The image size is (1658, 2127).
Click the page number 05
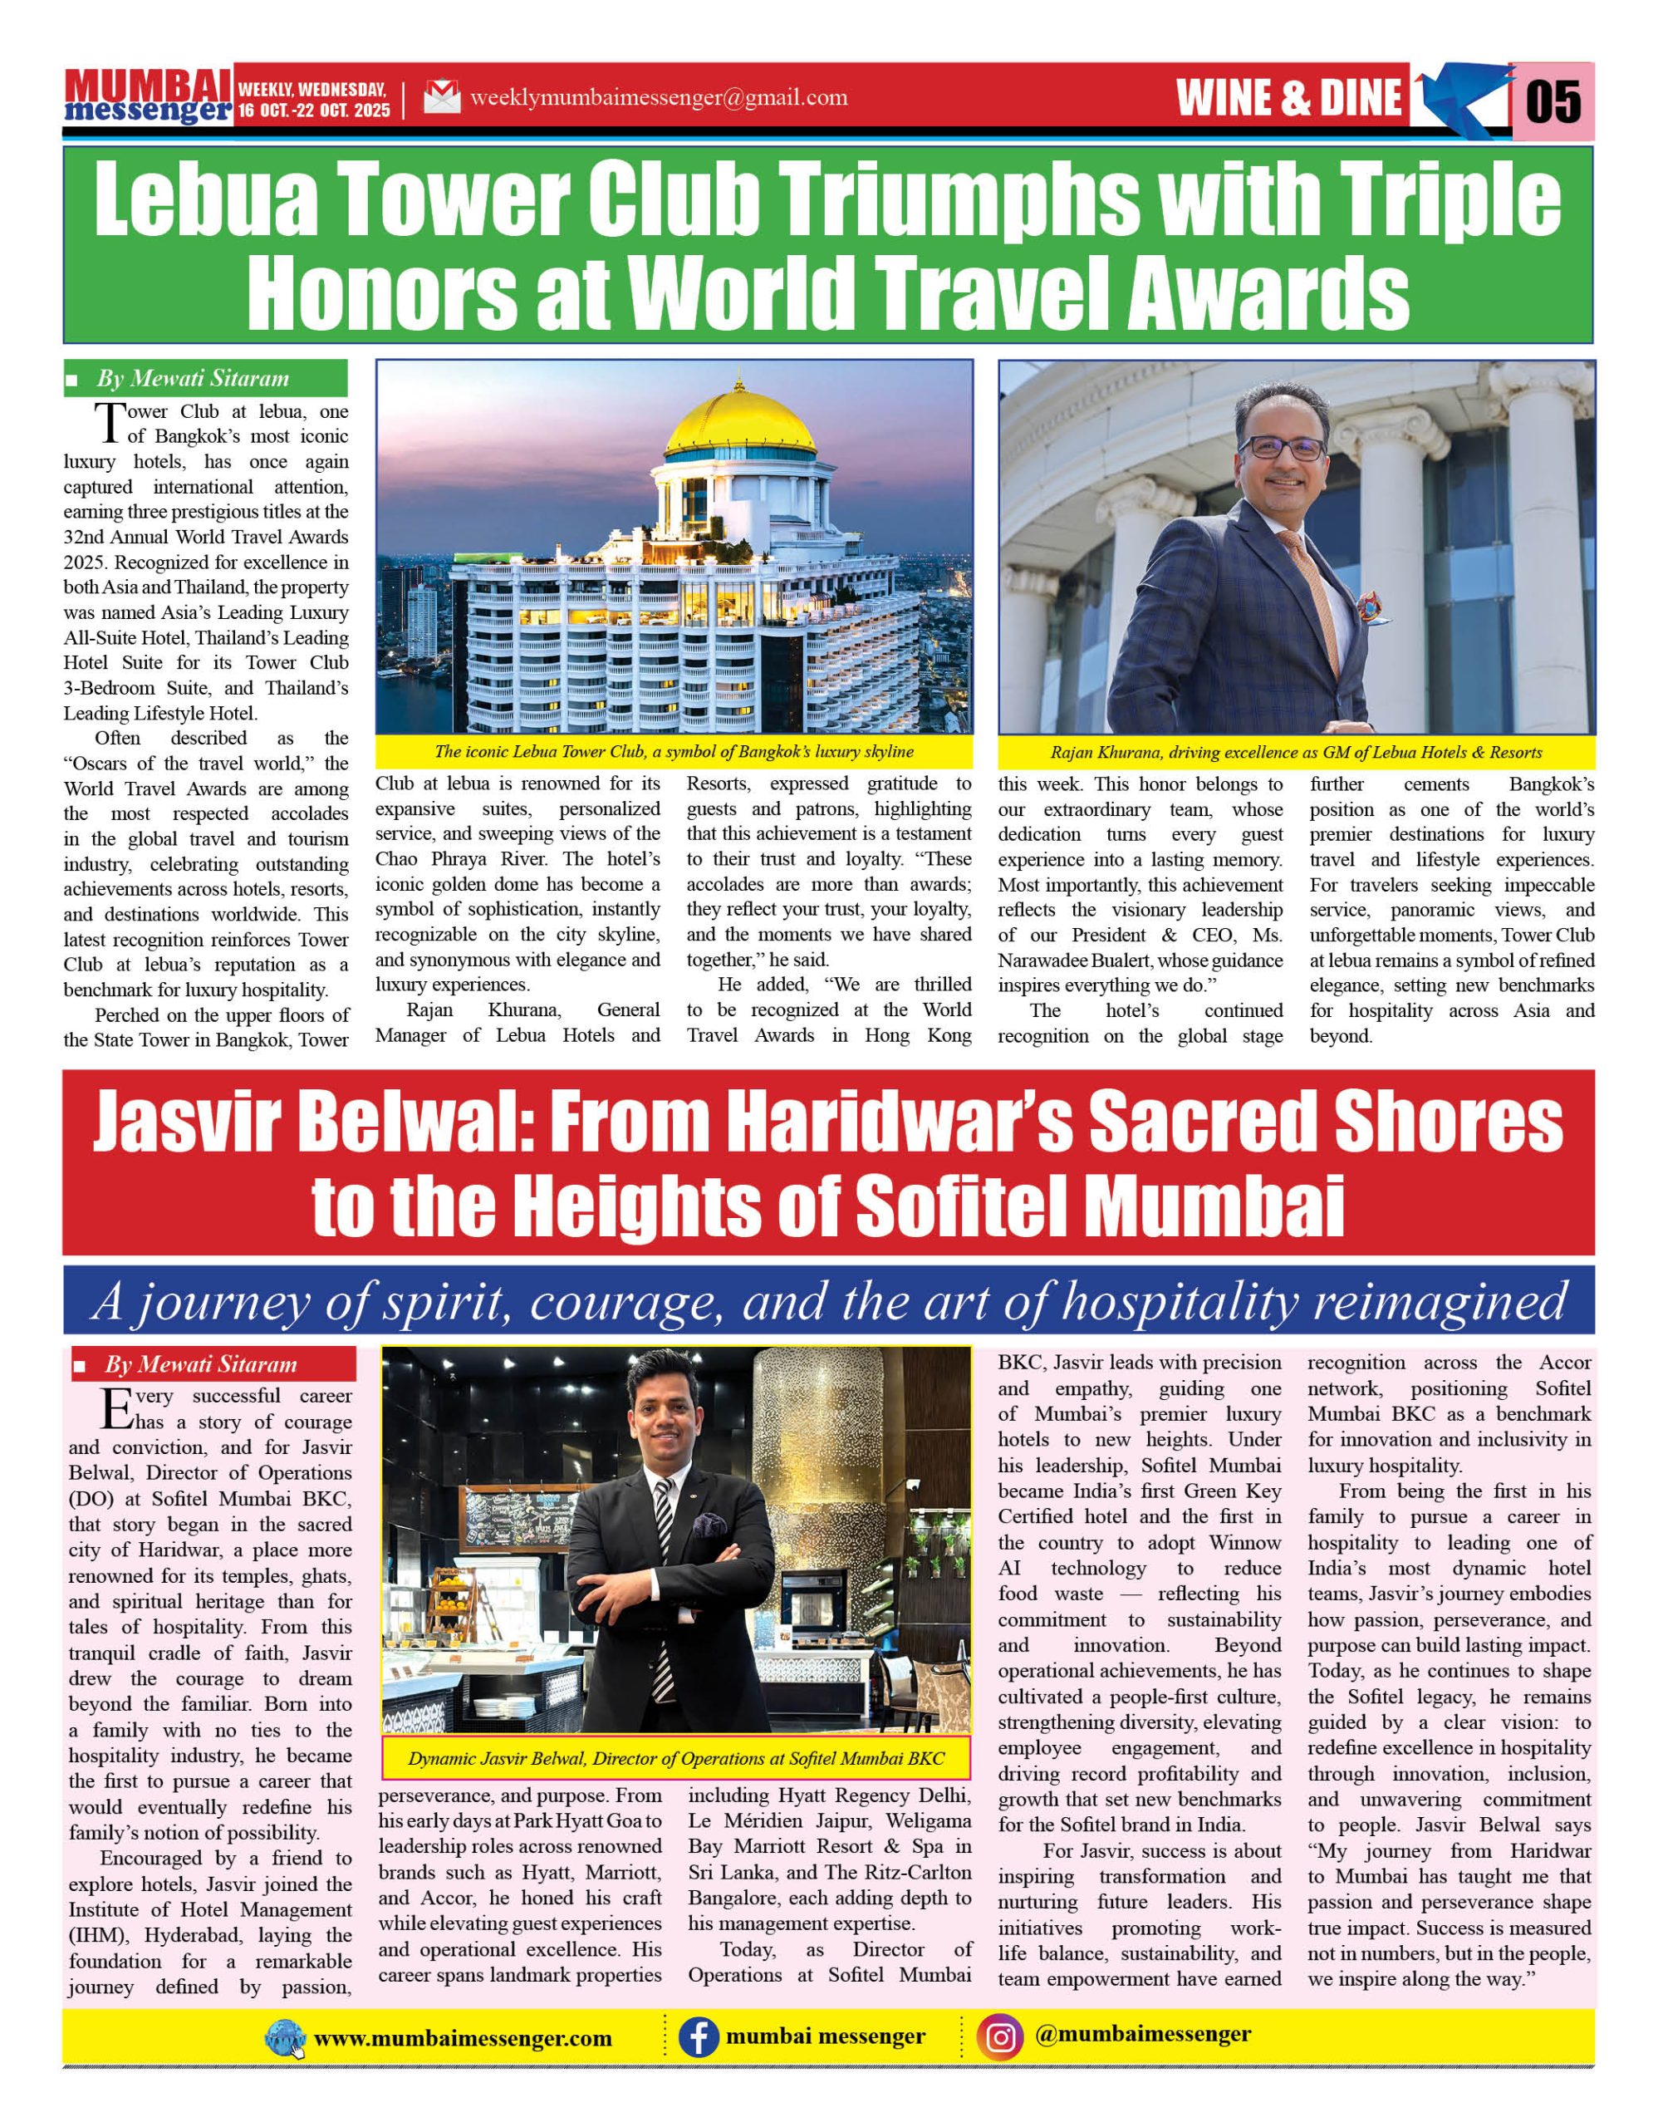pyautogui.click(x=1552, y=101)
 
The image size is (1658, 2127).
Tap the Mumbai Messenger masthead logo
pyautogui.click(x=148, y=96)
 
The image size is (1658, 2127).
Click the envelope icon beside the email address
pyautogui.click(x=441, y=97)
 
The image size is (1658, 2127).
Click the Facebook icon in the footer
pyautogui.click(x=698, y=2037)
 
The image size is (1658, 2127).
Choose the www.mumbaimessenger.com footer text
pyautogui.click(x=464, y=2038)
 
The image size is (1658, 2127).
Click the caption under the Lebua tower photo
pyautogui.click(x=674, y=752)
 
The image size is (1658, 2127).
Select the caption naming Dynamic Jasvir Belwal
pyautogui.click(x=675, y=1759)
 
